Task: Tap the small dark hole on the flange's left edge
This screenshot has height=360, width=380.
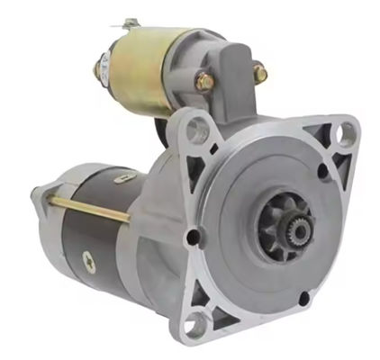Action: (190, 236)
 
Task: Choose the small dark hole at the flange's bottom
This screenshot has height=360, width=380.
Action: (303, 300)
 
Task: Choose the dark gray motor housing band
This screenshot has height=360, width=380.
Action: (99, 238)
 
